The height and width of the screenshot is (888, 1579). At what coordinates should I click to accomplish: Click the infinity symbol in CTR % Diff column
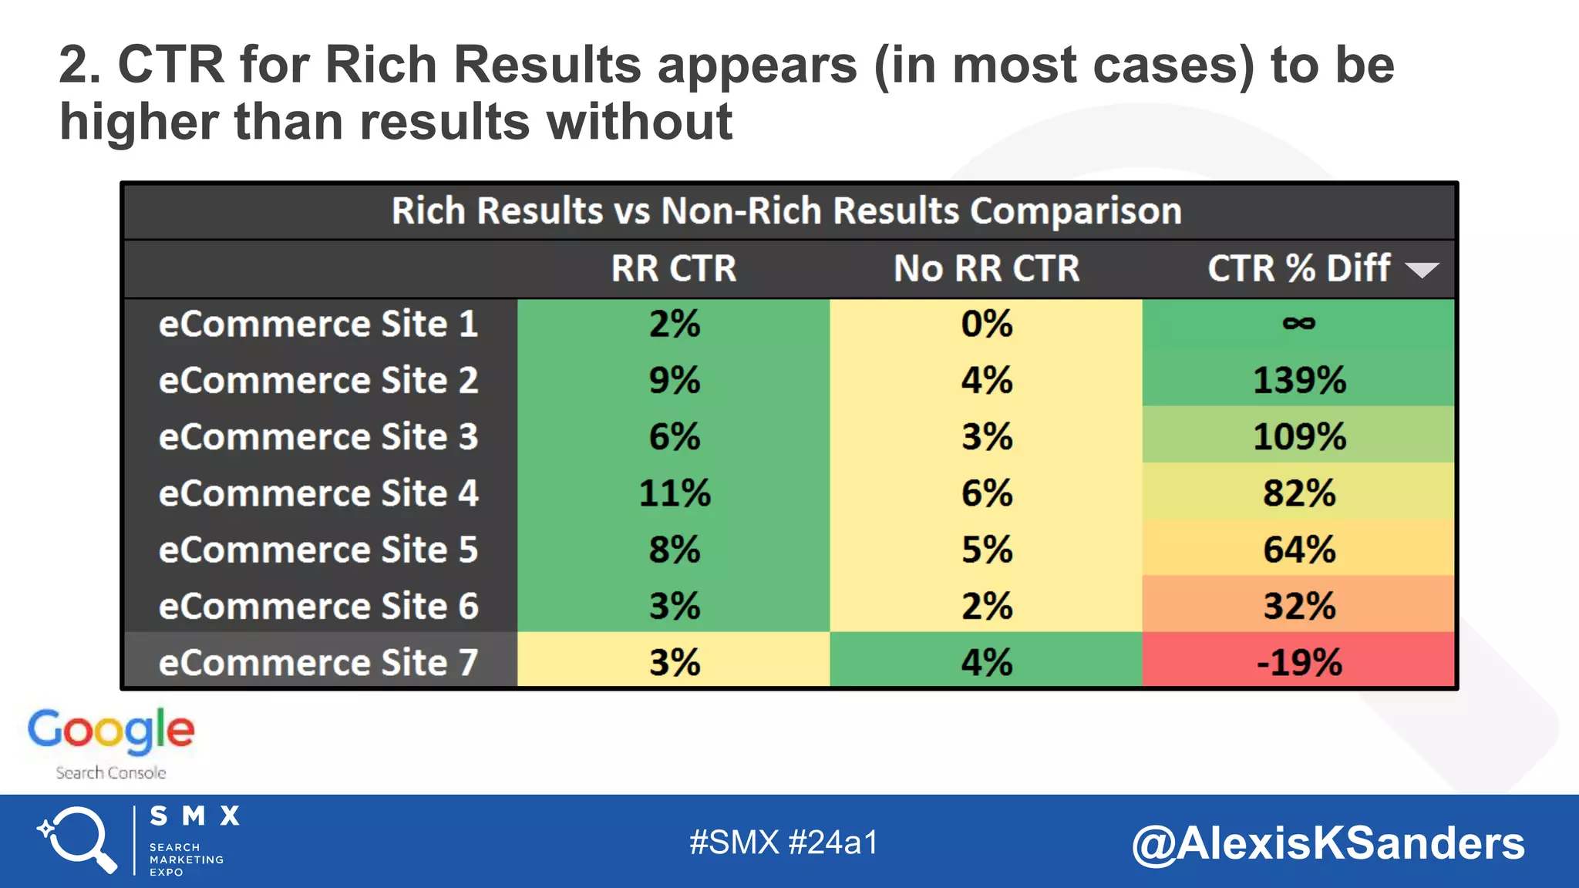(x=1298, y=324)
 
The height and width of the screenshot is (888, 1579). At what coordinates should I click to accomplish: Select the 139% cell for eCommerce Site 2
(x=1298, y=380)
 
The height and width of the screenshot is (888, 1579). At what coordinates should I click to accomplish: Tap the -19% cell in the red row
(x=1298, y=662)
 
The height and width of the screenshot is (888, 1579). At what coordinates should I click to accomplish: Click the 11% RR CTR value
(x=674, y=493)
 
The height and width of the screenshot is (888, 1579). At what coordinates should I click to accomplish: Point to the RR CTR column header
(x=674, y=268)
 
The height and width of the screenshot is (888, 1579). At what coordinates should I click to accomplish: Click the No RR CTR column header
(x=986, y=268)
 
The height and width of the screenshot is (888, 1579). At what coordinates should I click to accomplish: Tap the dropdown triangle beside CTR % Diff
(x=1421, y=270)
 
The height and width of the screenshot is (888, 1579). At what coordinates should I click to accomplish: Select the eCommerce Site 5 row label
(x=318, y=550)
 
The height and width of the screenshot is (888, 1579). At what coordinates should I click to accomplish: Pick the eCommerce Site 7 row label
(x=318, y=662)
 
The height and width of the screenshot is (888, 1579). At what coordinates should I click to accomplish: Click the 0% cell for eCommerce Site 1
(x=986, y=324)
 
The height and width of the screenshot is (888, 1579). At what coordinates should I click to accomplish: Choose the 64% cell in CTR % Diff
(x=1298, y=550)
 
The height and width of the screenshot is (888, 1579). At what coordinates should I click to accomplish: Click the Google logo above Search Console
(x=111, y=731)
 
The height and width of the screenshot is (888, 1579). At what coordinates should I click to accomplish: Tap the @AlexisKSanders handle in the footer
(x=1328, y=843)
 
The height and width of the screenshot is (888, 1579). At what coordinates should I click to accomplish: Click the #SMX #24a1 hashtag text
(x=783, y=843)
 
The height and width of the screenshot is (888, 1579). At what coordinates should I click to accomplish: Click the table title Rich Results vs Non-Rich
(x=786, y=211)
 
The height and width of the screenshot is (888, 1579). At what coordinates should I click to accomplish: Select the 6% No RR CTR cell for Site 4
(x=986, y=493)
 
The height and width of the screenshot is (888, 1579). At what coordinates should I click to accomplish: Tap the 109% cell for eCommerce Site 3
(x=1298, y=437)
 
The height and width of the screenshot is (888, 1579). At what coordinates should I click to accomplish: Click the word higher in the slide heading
(x=139, y=122)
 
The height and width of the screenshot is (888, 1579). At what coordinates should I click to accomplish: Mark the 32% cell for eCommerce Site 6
(x=1298, y=606)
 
